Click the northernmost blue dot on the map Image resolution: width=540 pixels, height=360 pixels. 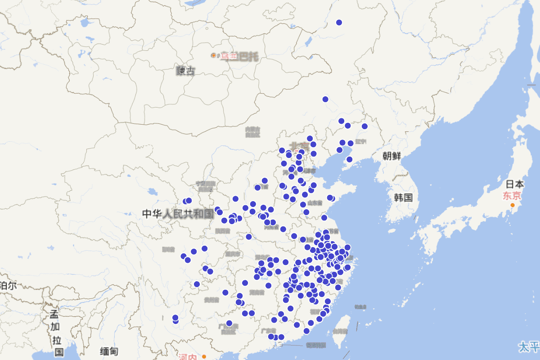coord(339,22)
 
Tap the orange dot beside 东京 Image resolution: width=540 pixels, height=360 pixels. coord(512,205)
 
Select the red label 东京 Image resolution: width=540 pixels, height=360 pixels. coord(512,196)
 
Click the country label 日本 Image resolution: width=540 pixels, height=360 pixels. coord(515,184)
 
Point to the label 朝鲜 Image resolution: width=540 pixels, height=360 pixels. coord(391,156)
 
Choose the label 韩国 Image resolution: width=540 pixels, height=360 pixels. coord(403,198)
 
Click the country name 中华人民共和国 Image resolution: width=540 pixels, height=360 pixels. coord(178,214)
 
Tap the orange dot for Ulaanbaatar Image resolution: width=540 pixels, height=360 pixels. coord(213,55)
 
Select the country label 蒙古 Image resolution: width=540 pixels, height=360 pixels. coord(185,70)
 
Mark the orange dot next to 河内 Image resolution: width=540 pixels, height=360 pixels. coord(205,356)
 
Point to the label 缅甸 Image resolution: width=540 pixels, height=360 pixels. coord(109,351)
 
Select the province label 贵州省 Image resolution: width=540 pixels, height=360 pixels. coord(210,300)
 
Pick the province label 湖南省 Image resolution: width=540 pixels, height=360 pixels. coord(256,292)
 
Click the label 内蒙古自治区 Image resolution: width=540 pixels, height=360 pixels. coord(253,132)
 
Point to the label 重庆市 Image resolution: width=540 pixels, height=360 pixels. coord(233,254)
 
